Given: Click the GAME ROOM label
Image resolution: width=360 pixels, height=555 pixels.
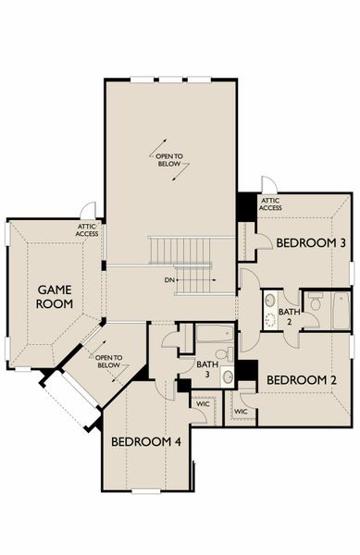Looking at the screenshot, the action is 55,297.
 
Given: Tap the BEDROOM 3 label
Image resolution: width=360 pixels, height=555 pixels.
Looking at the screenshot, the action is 311,242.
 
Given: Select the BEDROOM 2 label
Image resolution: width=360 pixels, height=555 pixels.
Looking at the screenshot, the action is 302,380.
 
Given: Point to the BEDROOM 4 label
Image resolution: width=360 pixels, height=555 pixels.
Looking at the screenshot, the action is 146,442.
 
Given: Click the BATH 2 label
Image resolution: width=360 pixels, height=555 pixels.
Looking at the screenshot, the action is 290,316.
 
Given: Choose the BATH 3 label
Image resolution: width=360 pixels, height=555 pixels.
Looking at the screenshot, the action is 207,368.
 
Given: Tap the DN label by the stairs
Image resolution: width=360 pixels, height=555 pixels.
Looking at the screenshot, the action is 169,280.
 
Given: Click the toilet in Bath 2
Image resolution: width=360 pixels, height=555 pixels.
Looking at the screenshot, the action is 314,301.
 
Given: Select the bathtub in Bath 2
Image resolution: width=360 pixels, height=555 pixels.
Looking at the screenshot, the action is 341,311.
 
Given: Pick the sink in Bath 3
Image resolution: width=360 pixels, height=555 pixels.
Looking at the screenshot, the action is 228,376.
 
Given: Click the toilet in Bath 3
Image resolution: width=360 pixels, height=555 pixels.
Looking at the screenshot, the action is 225,353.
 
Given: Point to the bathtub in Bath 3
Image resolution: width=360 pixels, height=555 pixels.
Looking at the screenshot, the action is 215,333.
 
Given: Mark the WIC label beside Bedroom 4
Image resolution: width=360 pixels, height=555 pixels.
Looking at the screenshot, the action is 203,404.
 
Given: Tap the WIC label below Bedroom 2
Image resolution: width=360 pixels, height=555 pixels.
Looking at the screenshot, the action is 241,412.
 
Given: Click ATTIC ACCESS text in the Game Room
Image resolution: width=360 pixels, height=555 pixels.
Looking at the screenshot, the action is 87,230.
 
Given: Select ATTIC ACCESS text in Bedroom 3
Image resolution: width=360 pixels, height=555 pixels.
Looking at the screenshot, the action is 270,204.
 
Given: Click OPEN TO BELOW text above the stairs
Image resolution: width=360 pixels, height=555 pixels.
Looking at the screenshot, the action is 169,160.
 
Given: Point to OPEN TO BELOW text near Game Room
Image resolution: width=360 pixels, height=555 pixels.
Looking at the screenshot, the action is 108,362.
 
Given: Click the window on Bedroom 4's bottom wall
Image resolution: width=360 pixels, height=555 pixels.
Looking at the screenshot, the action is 146,491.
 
